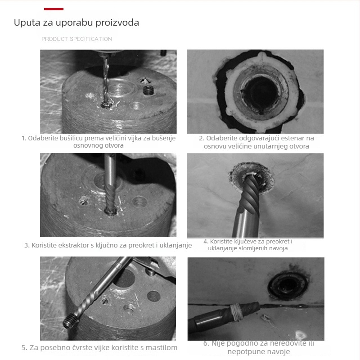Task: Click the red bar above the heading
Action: (54, 9)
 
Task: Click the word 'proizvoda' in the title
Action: (117, 23)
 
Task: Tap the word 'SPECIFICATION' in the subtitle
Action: (91, 39)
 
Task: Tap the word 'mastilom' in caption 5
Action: (162, 347)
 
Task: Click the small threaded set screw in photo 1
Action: (148, 90)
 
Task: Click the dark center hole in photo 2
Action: (261, 94)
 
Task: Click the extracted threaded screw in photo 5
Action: (70, 320)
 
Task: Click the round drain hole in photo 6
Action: (288, 285)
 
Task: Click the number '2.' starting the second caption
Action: (202, 138)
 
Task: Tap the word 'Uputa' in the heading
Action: (27, 23)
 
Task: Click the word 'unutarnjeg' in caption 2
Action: (257, 146)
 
